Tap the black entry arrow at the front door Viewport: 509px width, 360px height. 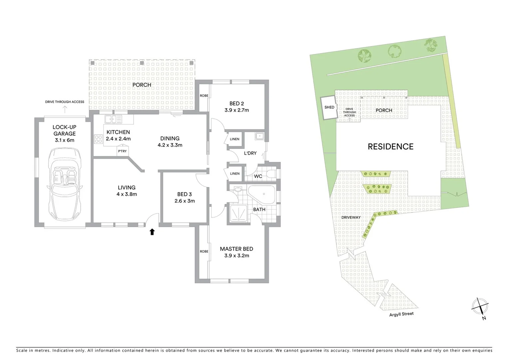pos(152,232)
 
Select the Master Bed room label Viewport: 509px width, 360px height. pos(237,249)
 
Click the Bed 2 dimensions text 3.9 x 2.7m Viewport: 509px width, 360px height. pos(237,110)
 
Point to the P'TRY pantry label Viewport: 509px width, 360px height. pos(122,151)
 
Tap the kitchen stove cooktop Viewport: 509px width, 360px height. pos(98,139)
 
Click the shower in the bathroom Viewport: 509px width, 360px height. pos(238,213)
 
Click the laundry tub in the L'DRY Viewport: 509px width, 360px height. pos(259,136)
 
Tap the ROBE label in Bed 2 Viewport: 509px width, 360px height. pos(204,96)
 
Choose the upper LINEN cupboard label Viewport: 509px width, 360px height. pos(235,139)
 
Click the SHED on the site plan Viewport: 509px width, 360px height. pos(329,107)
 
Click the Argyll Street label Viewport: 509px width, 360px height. pos(401,314)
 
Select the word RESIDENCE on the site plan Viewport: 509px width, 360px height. pos(390,147)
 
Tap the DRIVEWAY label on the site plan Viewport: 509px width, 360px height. pos(351,217)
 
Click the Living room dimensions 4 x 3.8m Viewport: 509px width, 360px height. pos(127,194)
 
